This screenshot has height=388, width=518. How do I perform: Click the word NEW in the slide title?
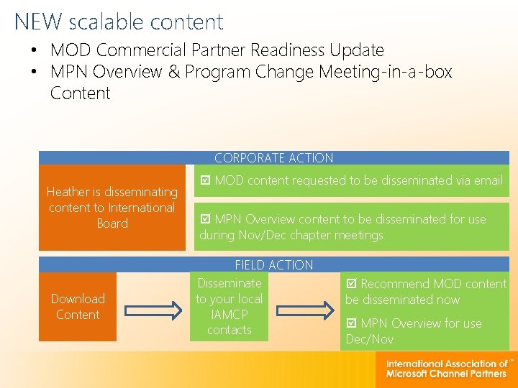(x=39, y=22)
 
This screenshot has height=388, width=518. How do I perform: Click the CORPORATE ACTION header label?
(x=273, y=158)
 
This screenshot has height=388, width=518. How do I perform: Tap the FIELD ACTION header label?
(x=273, y=265)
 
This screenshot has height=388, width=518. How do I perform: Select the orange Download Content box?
(x=78, y=307)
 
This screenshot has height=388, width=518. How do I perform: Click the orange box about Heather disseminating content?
(x=112, y=208)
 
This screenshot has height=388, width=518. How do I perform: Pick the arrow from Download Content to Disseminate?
(x=153, y=310)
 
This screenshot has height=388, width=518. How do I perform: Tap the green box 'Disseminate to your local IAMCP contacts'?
(x=229, y=307)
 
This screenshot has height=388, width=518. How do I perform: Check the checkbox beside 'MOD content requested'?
(x=206, y=181)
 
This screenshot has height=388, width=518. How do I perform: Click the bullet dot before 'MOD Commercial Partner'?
(x=34, y=51)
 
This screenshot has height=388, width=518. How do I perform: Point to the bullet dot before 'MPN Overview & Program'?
(x=34, y=73)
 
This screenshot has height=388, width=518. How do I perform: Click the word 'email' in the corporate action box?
(x=487, y=180)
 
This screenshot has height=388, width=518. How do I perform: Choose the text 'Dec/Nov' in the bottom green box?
(x=369, y=339)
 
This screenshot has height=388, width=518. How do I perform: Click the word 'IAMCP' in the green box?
(x=229, y=315)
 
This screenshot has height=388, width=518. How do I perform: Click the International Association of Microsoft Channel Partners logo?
(x=446, y=369)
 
